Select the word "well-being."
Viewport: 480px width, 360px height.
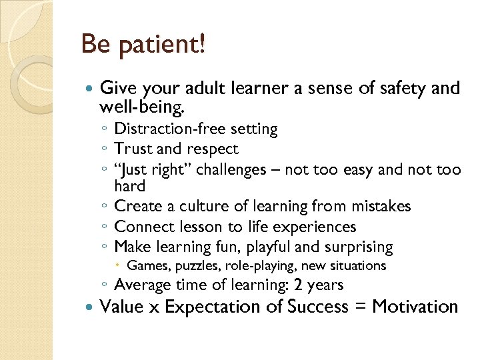(x=143, y=106)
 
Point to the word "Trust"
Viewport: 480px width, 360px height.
(x=134, y=149)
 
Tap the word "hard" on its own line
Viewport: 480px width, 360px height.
(x=129, y=187)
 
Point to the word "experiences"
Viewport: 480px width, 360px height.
(x=315, y=227)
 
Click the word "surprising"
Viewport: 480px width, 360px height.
(x=358, y=247)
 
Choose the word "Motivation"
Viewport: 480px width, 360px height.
(x=415, y=307)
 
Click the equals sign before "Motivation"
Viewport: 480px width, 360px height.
(x=359, y=307)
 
